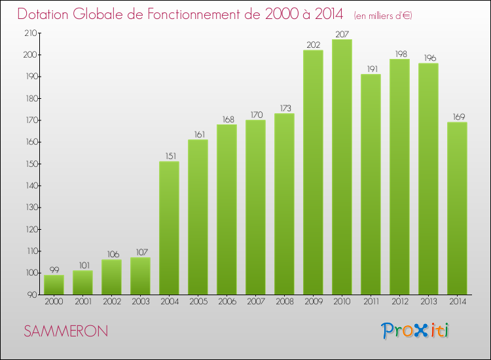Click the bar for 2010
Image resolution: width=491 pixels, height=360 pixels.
[x=342, y=167]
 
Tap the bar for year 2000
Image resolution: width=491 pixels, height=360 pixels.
[x=54, y=285]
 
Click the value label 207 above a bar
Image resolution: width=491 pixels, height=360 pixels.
[x=342, y=33]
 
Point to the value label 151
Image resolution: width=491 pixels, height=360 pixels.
[x=169, y=156]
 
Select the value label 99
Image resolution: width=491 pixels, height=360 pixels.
[x=54, y=270]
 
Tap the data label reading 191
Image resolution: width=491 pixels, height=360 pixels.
[x=371, y=68]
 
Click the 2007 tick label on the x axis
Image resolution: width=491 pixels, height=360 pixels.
[x=255, y=302]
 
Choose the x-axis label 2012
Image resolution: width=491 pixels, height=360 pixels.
[x=399, y=302]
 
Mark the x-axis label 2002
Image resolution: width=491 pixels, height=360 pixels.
[x=111, y=302]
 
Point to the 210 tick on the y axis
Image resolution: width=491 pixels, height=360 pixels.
[x=30, y=33]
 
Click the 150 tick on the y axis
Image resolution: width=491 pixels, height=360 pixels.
[x=30, y=164]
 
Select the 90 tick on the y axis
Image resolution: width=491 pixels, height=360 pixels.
[x=32, y=295]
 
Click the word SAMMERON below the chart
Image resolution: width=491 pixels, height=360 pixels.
[x=66, y=331]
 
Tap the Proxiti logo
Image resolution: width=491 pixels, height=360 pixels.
[x=416, y=331]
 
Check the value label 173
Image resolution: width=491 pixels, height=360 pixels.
[x=284, y=107]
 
